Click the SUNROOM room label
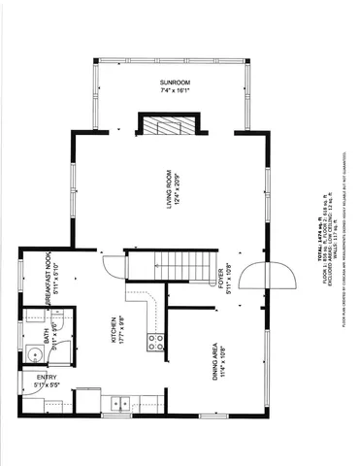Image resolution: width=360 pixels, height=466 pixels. [x=175, y=84]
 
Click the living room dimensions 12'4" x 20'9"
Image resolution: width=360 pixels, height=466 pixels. [x=178, y=189]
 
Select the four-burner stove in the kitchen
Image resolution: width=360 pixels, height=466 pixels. [x=154, y=341]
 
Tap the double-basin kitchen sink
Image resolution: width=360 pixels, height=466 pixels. [x=117, y=403]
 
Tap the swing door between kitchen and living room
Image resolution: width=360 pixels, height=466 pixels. [x=112, y=263]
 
